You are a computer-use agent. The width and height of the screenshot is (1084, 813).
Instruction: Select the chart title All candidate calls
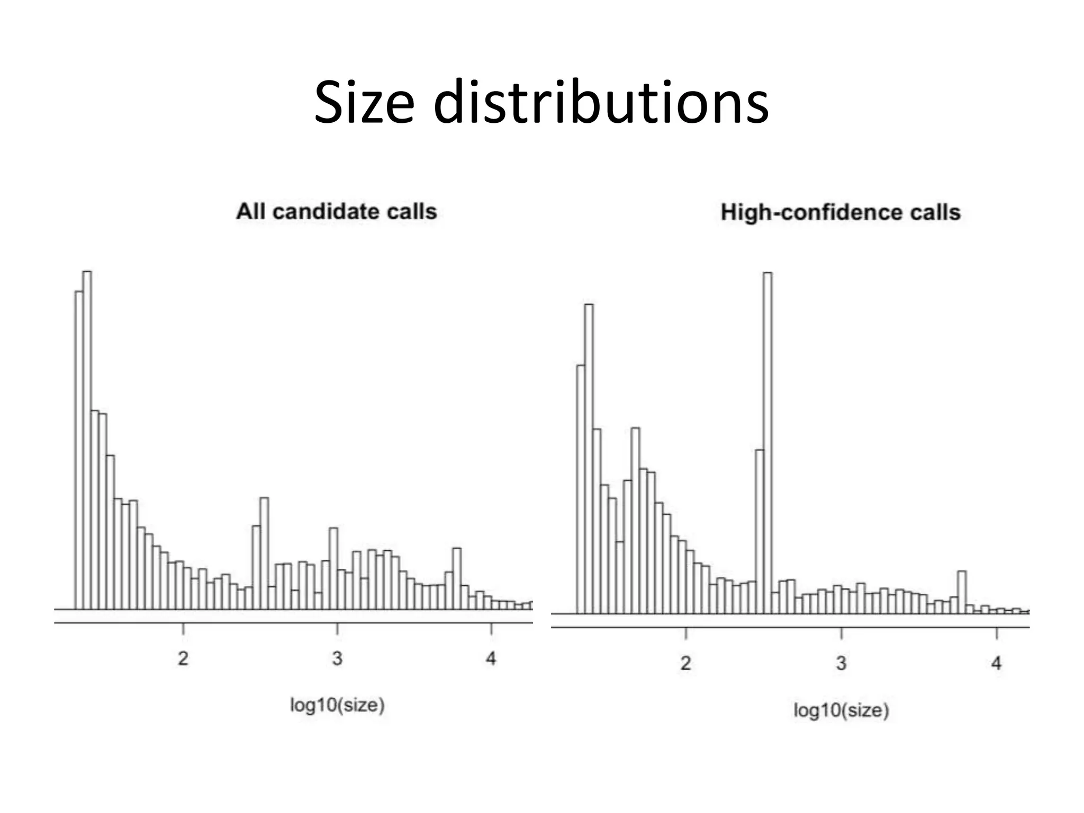pos(336,212)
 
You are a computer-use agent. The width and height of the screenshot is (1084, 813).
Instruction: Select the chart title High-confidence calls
pos(840,213)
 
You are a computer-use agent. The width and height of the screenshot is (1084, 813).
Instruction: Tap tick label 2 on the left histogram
pos(183,658)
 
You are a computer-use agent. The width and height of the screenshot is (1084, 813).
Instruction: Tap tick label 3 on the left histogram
pos(337,658)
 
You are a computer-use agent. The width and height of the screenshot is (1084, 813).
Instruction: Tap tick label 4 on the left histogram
pos(491,658)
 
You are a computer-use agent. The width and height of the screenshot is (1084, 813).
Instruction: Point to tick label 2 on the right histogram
pos(685,663)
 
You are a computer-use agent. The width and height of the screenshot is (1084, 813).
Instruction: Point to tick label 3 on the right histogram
pos(841,663)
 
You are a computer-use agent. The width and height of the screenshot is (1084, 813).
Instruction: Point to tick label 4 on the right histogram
pos(996,663)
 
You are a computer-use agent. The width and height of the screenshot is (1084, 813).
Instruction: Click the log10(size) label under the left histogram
pos(337,705)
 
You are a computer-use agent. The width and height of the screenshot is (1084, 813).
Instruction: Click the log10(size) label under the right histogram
pos(841,710)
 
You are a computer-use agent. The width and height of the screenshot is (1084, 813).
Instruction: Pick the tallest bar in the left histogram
pos(87,439)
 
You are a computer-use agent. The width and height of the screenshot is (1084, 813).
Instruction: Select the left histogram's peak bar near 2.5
pos(265,553)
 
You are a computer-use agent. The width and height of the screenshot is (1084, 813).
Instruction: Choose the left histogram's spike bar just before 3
pos(333,569)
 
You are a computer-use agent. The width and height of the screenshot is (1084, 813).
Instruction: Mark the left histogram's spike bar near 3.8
pos(457,579)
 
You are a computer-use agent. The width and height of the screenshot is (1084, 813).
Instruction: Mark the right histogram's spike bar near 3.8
pos(962,592)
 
